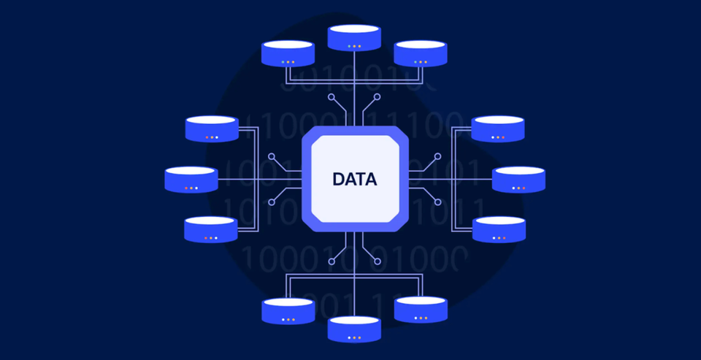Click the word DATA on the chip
tap(354, 179)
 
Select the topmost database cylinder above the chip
tap(354, 38)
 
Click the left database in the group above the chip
tap(288, 54)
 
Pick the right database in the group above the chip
tap(420, 53)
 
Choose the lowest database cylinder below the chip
tap(354, 329)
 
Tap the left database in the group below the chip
tap(288, 310)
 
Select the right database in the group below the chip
tap(421, 309)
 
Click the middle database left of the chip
tap(191, 180)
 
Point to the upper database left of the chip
tap(212, 129)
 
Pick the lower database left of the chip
tap(211, 229)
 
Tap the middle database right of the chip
tap(518, 180)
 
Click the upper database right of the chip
tap(498, 129)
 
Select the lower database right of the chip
tap(499, 229)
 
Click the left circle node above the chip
tap(332, 96)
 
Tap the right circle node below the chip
tap(378, 261)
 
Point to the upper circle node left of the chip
tap(272, 156)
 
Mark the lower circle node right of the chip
tap(437, 202)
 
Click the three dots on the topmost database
tap(354, 46)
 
